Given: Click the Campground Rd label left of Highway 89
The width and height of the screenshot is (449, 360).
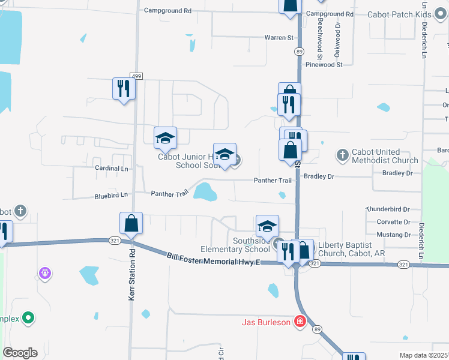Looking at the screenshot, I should [167, 11].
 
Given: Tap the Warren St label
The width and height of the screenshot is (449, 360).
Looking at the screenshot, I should [279, 37].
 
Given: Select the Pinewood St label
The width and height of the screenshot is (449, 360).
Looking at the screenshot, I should [324, 64].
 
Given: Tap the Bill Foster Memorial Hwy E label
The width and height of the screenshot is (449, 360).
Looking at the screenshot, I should [213, 259].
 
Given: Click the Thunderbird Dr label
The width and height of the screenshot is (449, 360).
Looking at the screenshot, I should [388, 209].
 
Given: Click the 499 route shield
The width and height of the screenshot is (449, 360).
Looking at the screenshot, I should [137, 76].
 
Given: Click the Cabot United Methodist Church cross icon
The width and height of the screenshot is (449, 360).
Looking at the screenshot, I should [342, 155].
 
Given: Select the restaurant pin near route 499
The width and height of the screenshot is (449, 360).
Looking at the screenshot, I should [124, 89].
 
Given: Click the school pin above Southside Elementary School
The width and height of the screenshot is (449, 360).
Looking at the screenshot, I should [267, 227].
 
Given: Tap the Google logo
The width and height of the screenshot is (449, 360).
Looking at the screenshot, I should [20, 353].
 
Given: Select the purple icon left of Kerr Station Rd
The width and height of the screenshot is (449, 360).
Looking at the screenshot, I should [44, 274].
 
